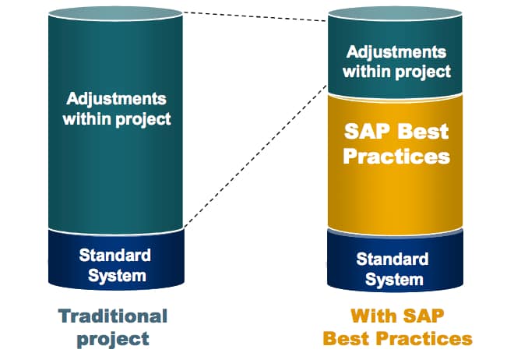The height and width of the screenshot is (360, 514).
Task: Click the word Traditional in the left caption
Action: [113, 316]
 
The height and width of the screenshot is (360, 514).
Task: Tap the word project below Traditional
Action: [113, 339]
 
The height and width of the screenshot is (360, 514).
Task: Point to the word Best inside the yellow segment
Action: [423, 132]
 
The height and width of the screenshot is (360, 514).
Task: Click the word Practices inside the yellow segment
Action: [396, 156]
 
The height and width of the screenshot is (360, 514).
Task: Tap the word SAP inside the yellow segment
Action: [367, 132]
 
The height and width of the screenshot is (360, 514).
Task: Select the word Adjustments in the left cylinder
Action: [116, 99]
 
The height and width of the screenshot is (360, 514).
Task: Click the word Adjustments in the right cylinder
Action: [396, 52]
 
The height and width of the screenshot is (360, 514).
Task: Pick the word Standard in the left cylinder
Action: [115, 255]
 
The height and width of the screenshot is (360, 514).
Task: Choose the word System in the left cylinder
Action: [117, 275]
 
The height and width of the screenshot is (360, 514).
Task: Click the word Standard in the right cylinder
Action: [393, 259]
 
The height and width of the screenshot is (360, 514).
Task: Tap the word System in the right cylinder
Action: [394, 280]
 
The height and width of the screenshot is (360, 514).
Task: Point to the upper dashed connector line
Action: [255, 16]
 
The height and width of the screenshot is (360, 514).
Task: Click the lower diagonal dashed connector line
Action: [255, 156]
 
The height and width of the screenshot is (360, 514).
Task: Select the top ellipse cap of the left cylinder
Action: [115, 14]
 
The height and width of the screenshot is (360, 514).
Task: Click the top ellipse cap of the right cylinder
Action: [395, 14]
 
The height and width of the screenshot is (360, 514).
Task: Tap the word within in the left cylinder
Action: [86, 118]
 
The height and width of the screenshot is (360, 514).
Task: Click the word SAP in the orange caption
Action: [424, 316]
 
